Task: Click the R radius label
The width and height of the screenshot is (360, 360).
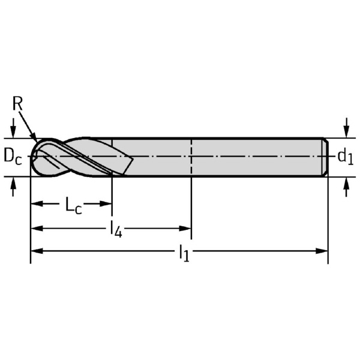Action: tap(17, 103)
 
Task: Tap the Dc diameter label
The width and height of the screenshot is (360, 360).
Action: tap(13, 157)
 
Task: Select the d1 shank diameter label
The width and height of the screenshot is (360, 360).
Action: tap(346, 157)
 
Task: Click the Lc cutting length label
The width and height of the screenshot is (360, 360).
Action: tap(73, 205)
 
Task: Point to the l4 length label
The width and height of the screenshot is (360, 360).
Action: tap(116, 229)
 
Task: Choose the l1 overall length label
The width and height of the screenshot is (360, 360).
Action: tap(184, 253)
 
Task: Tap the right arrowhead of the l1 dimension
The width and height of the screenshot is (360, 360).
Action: tap(322, 251)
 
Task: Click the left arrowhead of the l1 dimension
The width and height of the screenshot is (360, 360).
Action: tap(37, 251)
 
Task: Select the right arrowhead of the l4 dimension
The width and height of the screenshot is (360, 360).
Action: tap(185, 229)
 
